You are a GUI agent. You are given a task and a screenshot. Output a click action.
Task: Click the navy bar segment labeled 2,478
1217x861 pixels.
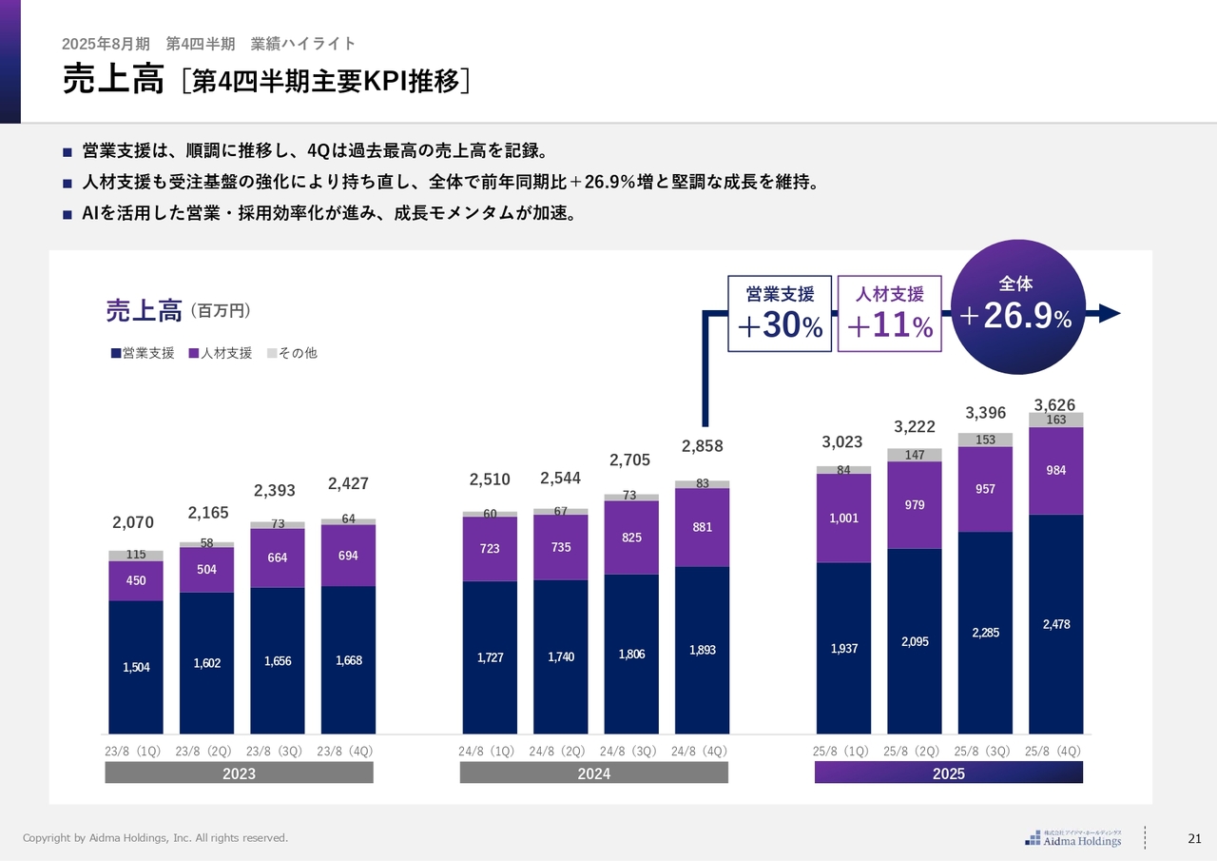pos(1055,624)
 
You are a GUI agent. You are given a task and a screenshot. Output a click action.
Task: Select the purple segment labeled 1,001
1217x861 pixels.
pos(842,518)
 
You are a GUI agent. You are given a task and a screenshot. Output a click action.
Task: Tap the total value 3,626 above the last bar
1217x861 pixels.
pos(1054,405)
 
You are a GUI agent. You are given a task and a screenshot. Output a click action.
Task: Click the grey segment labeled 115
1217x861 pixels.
pos(136,556)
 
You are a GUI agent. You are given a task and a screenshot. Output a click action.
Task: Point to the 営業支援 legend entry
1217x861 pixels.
pos(143,353)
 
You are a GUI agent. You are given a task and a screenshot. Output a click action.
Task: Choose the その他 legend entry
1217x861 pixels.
pos(292,353)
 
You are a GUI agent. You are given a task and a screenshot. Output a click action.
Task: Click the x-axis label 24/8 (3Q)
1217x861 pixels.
pos(630,751)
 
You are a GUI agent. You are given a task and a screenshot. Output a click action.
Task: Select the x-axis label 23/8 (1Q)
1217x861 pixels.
pos(135,751)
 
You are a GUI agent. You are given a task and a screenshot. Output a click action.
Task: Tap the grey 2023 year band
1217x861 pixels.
pos(239,773)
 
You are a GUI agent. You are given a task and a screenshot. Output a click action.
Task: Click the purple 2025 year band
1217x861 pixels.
pos(948,773)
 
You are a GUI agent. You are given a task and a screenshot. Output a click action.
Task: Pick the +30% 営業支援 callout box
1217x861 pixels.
pos(780,315)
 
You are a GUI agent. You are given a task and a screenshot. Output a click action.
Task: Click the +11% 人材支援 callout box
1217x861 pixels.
pos(889,315)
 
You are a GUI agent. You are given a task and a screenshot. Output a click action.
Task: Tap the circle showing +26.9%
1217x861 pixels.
pos(1016,306)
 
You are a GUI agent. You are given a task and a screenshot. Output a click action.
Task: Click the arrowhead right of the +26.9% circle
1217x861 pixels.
pos(1110,314)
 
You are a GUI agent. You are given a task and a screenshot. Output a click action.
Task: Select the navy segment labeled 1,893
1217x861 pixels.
pos(702,651)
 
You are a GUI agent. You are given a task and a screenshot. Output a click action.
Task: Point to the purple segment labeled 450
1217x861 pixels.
pos(136,580)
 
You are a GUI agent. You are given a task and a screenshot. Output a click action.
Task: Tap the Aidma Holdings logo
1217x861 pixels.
pos(1073,838)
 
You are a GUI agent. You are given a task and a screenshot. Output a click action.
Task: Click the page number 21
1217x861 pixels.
pos(1195,838)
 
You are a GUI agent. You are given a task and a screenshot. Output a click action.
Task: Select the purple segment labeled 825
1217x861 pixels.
pos(630,538)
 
